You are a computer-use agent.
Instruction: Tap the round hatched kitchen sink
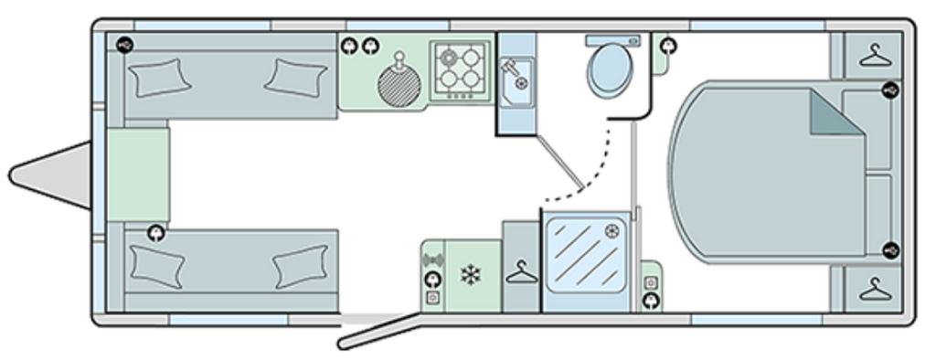[x=398, y=87]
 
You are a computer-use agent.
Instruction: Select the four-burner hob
[x=460, y=70]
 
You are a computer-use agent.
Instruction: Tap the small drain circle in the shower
[x=612, y=232]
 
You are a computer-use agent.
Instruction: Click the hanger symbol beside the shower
[x=521, y=272]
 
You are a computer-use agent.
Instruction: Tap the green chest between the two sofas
[x=138, y=174]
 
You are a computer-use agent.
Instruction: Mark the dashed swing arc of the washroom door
[x=594, y=169]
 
